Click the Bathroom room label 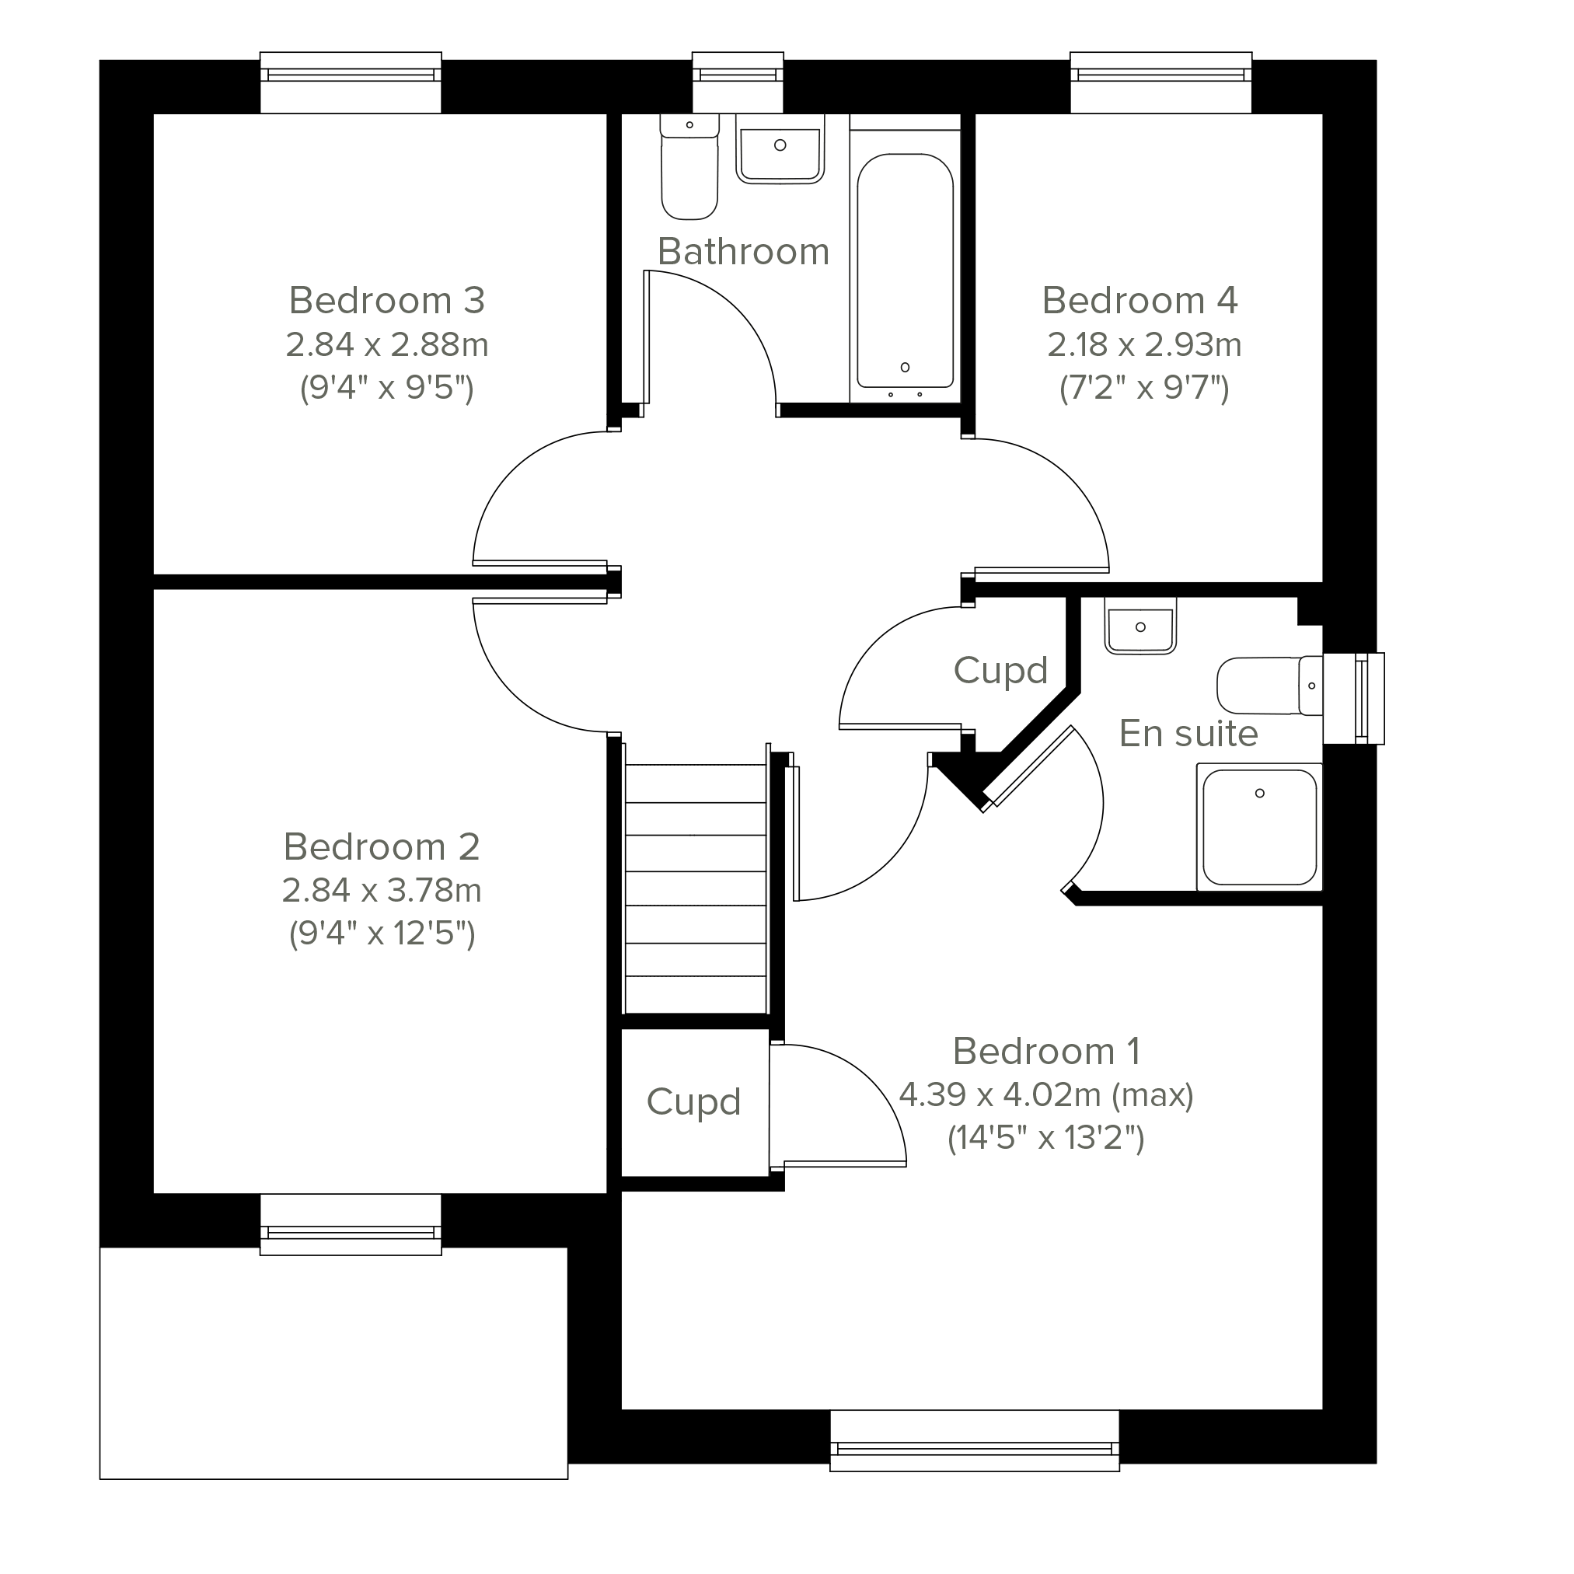pyautogui.click(x=743, y=252)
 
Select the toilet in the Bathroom pyautogui.click(x=689, y=167)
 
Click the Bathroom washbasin pyautogui.click(x=780, y=148)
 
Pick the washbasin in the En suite pyautogui.click(x=1140, y=626)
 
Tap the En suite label pyautogui.click(x=1188, y=733)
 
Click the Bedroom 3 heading pyautogui.click(x=387, y=301)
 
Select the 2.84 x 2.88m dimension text pyautogui.click(x=387, y=344)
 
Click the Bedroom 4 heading pyautogui.click(x=1139, y=301)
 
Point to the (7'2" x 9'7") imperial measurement pyautogui.click(x=1144, y=388)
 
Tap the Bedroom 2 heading pyautogui.click(x=382, y=847)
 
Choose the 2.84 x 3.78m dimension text pyautogui.click(x=382, y=891)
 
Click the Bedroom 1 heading pyautogui.click(x=1046, y=1051)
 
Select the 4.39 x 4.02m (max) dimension pyautogui.click(x=1046, y=1095)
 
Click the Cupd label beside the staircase pyautogui.click(x=693, y=1102)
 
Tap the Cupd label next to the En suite pyautogui.click(x=1000, y=672)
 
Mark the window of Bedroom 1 pyautogui.click(x=975, y=1450)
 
